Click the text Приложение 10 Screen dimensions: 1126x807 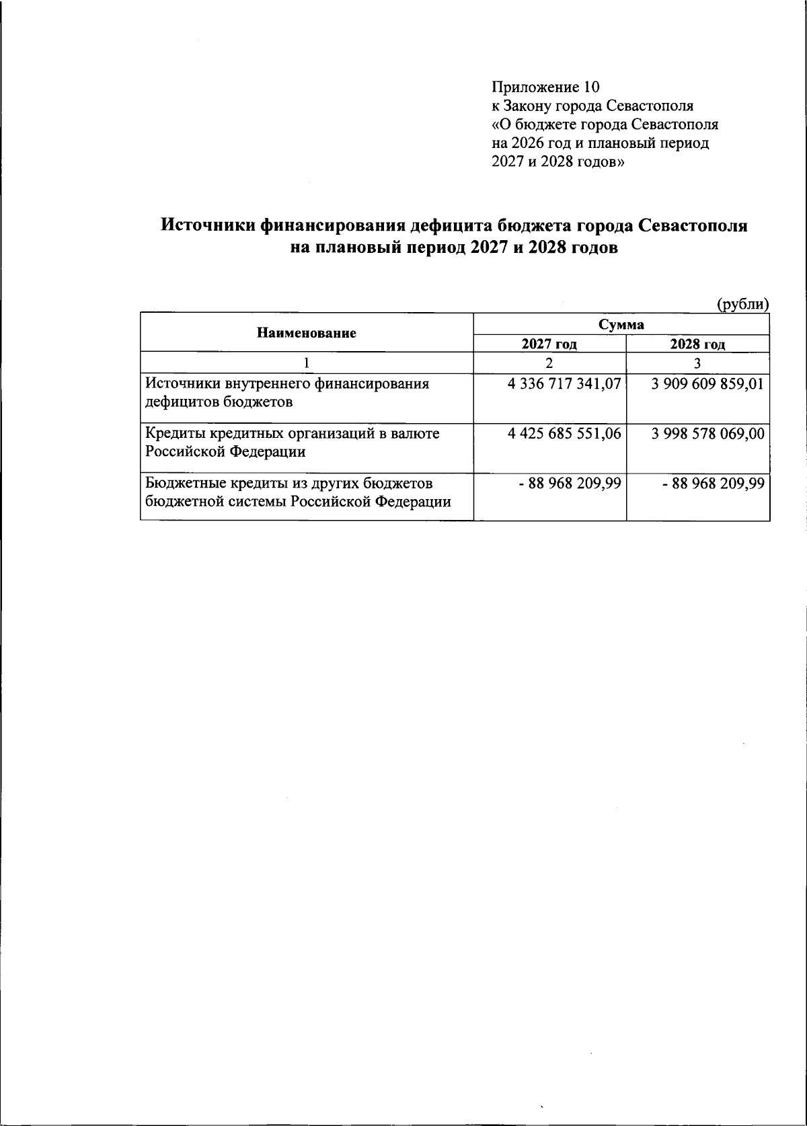(545, 87)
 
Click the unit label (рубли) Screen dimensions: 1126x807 (742, 304)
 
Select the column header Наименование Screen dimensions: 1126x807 (306, 333)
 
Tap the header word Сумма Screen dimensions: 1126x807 (621, 324)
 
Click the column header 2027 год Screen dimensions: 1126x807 (549, 344)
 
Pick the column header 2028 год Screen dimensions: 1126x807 (697, 344)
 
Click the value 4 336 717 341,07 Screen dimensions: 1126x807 (565, 385)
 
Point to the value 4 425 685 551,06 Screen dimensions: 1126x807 (565, 434)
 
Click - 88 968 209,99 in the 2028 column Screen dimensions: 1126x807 (713, 483)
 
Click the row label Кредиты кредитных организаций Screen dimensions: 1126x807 (293, 442)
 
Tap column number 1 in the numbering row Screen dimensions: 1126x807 (306, 363)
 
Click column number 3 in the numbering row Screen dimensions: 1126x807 (697, 363)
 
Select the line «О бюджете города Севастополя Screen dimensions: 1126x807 (605, 124)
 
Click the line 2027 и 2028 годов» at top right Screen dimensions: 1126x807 (558, 162)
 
